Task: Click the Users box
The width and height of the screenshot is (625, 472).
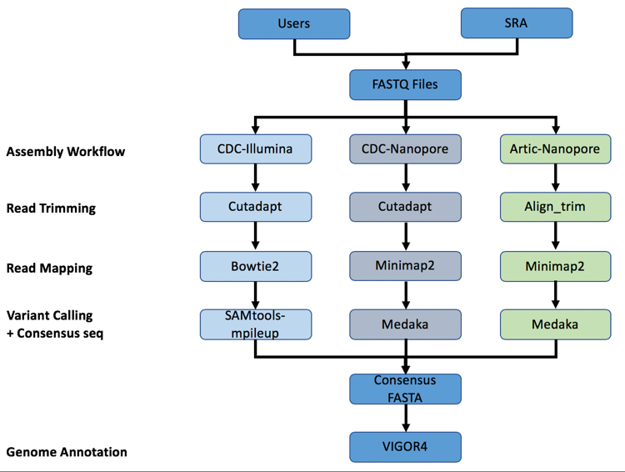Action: pos(294,23)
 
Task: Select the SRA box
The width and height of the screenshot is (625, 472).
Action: pos(517,23)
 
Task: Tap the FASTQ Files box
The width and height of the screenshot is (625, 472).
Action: pos(405,84)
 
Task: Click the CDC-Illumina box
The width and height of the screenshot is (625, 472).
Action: pos(256,148)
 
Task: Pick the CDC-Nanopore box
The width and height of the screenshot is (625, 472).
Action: pos(405,148)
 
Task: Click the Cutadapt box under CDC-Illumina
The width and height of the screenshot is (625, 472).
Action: pos(256,207)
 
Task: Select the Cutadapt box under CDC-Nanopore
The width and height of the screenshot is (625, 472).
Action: pos(405,207)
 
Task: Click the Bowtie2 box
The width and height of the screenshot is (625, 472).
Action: pos(256,266)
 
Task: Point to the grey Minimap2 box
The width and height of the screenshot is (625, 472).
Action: pos(405,266)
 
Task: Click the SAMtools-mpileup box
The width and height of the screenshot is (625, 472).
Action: pos(256,324)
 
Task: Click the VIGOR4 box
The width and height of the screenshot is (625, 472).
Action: pos(405,446)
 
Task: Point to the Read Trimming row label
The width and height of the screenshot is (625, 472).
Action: pos(51,208)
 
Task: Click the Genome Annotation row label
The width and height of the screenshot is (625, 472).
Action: pos(67,452)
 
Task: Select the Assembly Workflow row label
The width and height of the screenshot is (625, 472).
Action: pos(66,152)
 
